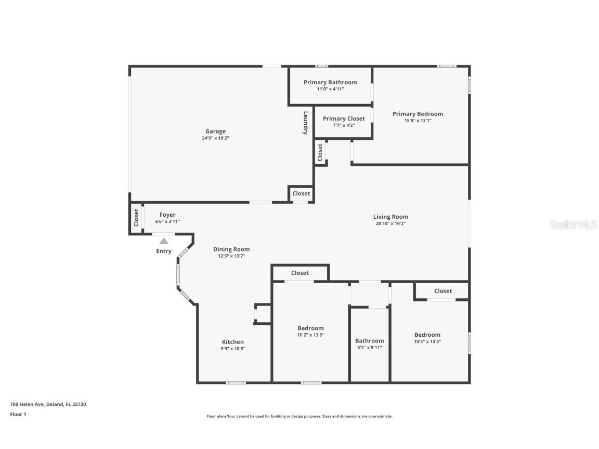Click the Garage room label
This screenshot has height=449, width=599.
(x=215, y=131)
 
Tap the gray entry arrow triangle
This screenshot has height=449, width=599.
(x=164, y=241)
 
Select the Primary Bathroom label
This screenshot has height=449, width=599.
(x=331, y=82)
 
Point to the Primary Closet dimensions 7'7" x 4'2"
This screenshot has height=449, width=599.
(x=344, y=125)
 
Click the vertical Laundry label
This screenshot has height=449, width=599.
(x=305, y=123)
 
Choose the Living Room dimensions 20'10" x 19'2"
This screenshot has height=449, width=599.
(x=390, y=224)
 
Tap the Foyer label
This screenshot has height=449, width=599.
(x=168, y=215)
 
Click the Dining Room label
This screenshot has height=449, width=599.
(x=231, y=249)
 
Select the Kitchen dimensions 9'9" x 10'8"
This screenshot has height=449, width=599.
(x=232, y=349)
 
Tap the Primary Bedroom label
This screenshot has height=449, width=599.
(x=418, y=114)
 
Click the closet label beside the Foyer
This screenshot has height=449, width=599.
(x=136, y=218)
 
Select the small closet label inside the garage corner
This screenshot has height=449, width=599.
(x=301, y=193)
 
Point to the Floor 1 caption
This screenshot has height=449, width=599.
(x=18, y=414)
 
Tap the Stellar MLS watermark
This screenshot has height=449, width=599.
(x=573, y=225)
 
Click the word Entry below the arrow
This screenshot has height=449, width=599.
(x=164, y=251)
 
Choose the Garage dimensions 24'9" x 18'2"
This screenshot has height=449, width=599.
(x=215, y=138)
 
